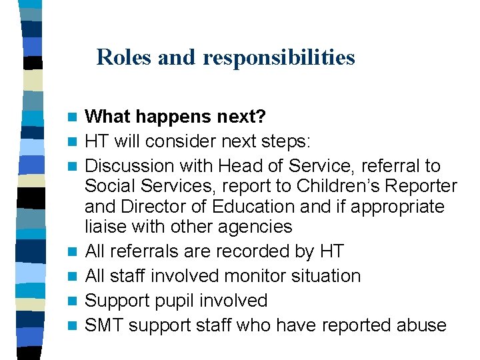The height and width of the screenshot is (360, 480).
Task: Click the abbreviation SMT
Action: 104,325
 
